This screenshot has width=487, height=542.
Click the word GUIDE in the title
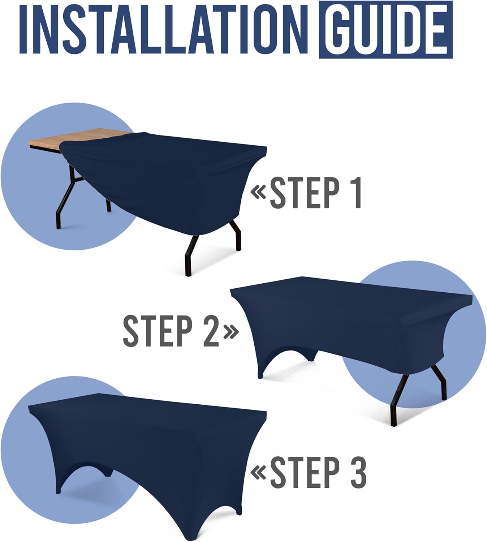tap(385, 30)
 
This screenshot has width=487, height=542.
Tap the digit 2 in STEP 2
tap(211, 331)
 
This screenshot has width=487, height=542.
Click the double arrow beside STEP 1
tap(258, 193)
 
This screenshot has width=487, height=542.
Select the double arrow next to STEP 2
tap(231, 331)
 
